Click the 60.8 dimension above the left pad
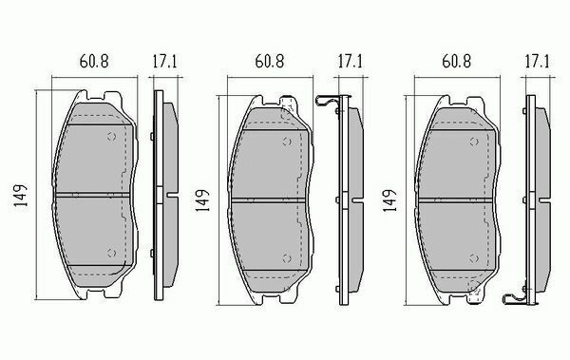pyautogui.click(x=94, y=61)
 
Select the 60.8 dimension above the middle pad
pyautogui.click(x=270, y=61)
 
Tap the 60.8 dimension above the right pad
pyautogui.click(x=456, y=61)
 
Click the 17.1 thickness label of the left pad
pyautogui.click(x=164, y=61)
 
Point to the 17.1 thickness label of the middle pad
pyautogui.click(x=350, y=61)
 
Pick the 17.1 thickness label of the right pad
pyautogui.click(x=537, y=61)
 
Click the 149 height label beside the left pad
pyautogui.click(x=21, y=196)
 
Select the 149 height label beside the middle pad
pyautogui.click(x=202, y=200)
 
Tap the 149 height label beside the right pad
pyautogui.click(x=389, y=200)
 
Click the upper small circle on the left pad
pyautogui.click(x=111, y=137)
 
